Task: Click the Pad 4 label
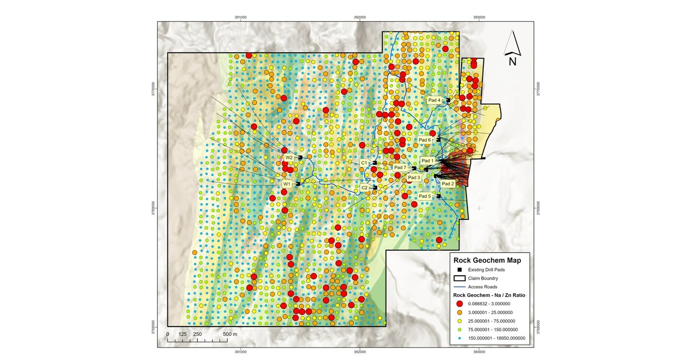click(434, 100)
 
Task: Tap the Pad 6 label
click(425, 140)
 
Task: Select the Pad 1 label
click(428, 160)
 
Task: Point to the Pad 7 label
click(400, 168)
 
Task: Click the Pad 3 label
click(414, 177)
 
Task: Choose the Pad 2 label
click(447, 184)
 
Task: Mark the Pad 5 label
click(425, 196)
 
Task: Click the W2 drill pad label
click(289, 158)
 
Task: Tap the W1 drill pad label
click(287, 184)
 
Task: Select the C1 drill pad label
click(364, 163)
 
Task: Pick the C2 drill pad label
click(364, 187)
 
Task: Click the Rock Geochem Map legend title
click(487, 260)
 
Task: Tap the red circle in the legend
click(459, 303)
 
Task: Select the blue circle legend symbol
click(459, 338)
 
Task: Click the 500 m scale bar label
click(230, 334)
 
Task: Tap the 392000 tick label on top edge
click(360, 17)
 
